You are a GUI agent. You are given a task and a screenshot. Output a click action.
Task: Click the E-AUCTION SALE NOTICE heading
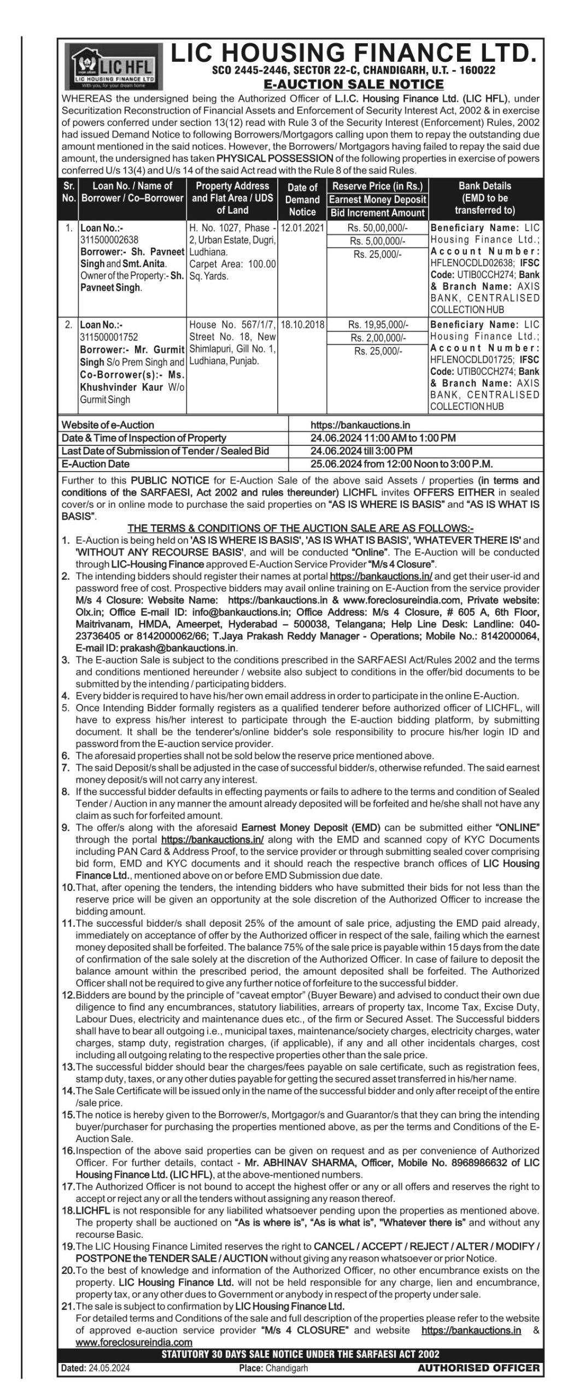click(x=353, y=84)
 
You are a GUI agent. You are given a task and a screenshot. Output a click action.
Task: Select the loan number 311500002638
click(x=109, y=239)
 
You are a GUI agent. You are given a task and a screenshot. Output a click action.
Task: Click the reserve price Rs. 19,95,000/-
click(x=378, y=325)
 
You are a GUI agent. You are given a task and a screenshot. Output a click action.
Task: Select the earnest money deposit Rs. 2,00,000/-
click(x=378, y=338)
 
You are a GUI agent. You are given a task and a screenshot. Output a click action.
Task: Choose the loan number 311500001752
click(x=109, y=337)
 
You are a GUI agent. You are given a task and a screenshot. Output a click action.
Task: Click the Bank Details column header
click(x=484, y=198)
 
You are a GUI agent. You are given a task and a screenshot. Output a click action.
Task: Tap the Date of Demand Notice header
click(x=302, y=199)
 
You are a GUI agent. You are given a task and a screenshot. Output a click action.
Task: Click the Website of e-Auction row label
click(x=108, y=425)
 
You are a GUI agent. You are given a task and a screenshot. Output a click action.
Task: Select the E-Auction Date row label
click(x=96, y=464)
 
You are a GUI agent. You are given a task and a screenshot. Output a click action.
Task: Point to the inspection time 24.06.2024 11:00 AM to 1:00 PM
click(x=383, y=438)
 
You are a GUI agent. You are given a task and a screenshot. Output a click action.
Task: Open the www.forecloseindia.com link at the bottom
click(x=134, y=1342)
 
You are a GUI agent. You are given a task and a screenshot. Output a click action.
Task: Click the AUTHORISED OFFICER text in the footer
click(x=478, y=1368)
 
